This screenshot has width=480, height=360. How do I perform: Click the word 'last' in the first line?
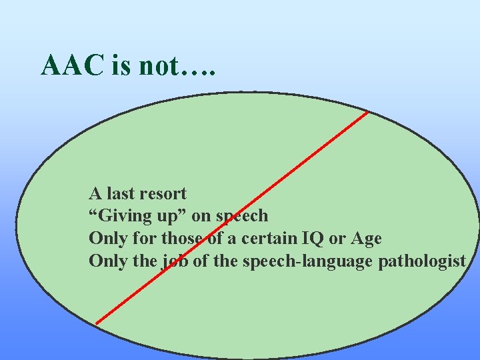[x=120, y=194]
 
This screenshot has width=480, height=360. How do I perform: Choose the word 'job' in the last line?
[x=175, y=261]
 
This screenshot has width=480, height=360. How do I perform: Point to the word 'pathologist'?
[x=421, y=261]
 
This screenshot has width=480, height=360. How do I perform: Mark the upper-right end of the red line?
[x=367, y=112]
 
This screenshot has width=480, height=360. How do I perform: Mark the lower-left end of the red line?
[x=97, y=323]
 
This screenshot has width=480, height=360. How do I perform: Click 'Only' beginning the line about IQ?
[x=105, y=238]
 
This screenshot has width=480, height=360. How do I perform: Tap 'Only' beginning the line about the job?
[x=105, y=261]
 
